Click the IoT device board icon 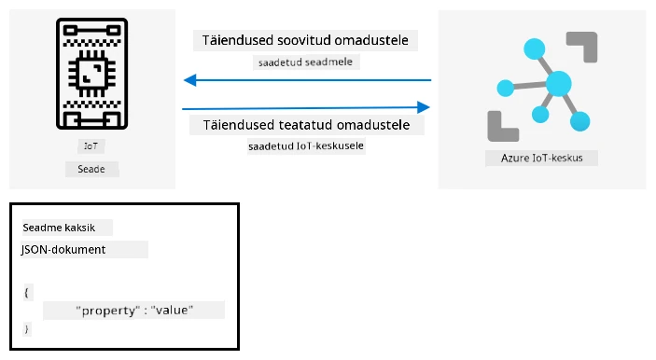coord(92,74)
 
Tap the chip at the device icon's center coord(92,74)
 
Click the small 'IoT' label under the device coord(91,145)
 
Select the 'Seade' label coord(91,169)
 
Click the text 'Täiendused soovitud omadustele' coord(305,40)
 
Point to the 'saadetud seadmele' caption coord(305,62)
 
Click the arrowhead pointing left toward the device coord(190,80)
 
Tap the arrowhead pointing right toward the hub coord(424,107)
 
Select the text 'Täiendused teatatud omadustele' coord(306,125)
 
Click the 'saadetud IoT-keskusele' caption coord(306,145)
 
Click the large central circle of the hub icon coord(559,84)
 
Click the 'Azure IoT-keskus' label coord(542,158)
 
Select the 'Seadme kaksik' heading coord(59,228)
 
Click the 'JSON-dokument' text coord(63,250)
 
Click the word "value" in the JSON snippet coord(172,310)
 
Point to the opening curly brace coord(26,292)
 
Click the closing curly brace coord(26,329)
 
